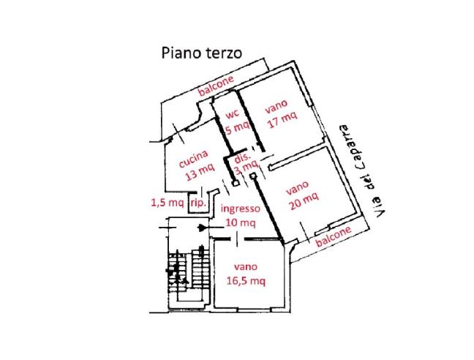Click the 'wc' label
233,115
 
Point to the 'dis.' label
242,157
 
